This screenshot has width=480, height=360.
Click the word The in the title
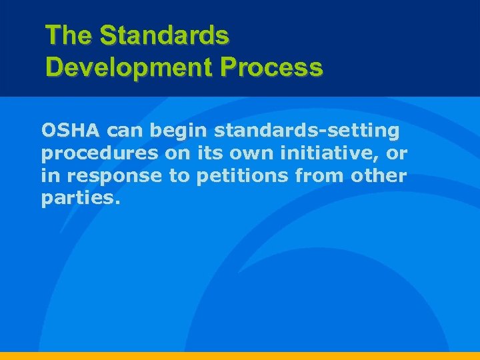(x=69, y=35)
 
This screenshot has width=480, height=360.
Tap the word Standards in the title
(x=164, y=35)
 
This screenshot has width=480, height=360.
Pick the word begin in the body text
(x=180, y=129)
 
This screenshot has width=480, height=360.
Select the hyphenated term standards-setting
(x=307, y=129)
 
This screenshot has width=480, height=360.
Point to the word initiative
(x=323, y=153)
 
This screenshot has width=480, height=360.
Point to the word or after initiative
(x=396, y=154)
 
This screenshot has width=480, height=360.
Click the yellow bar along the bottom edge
(x=240, y=355)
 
